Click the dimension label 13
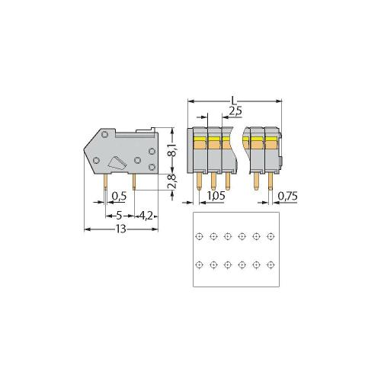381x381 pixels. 121,229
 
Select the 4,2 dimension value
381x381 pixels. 146,216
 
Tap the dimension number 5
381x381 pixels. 120,216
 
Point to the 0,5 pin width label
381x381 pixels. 119,196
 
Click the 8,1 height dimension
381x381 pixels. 174,150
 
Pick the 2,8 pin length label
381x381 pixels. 172,181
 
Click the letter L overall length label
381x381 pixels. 234,101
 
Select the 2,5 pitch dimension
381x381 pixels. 235,111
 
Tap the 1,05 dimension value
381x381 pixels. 216,196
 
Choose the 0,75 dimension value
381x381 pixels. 287,196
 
